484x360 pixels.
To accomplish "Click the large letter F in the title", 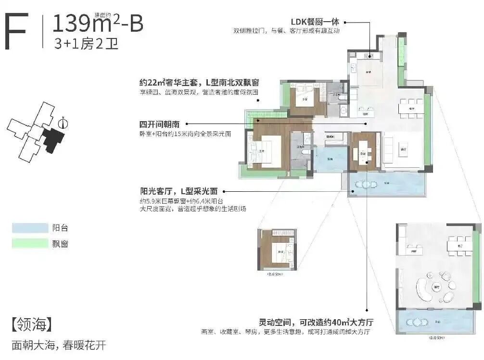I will pyautogui.click(x=16, y=31).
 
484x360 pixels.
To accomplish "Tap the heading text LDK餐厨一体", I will pyautogui.click(x=315, y=22).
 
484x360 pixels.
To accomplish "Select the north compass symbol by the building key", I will pyautogui.click(x=63, y=123).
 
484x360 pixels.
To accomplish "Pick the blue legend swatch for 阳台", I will pyautogui.click(x=30, y=228).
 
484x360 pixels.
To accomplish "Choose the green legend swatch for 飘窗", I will pyautogui.click(x=30, y=243).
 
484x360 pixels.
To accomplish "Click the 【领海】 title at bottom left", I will pyautogui.click(x=31, y=324).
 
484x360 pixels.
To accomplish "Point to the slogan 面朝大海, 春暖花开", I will pyautogui.click(x=58, y=345).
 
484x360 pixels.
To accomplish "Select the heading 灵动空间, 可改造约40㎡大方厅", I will pyautogui.click(x=316, y=322).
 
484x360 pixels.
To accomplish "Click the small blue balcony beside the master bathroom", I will pyautogui.click(x=330, y=159).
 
